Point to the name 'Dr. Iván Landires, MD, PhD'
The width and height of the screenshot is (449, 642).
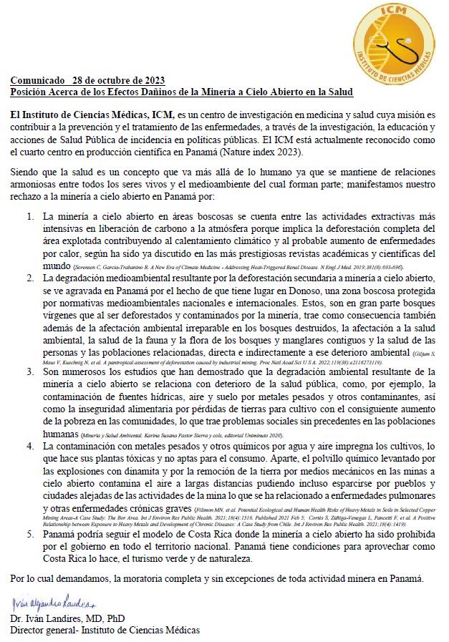(67, 618)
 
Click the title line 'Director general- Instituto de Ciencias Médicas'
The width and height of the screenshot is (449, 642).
(105, 630)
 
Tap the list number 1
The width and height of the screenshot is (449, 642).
(30, 216)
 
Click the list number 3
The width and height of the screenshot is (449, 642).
(30, 373)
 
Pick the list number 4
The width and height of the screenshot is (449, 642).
(30, 445)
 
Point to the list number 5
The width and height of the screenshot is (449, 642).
(30, 533)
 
